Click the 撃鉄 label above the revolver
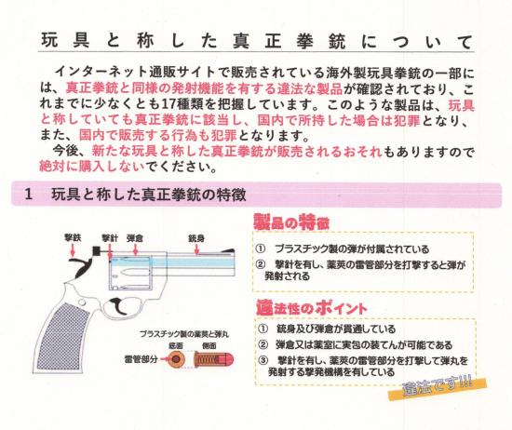click(72, 238)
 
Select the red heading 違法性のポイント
click(312, 306)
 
